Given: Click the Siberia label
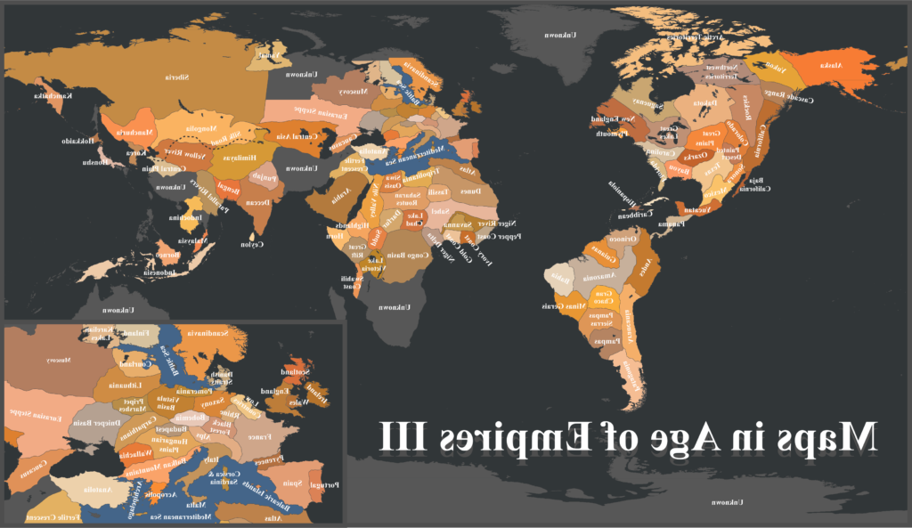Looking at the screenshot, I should (175, 77).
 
